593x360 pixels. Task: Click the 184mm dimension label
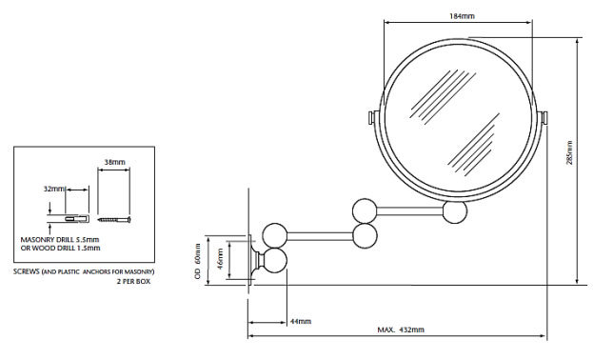[462, 16]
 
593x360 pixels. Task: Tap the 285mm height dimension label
[569, 152]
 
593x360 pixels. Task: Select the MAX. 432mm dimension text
[401, 330]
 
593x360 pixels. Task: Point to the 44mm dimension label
[300, 321]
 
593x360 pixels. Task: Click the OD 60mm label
[197, 261]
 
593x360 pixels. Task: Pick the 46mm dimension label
[221, 259]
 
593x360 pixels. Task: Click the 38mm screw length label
[114, 162]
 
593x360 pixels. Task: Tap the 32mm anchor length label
[53, 189]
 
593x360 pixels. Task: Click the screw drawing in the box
[114, 219]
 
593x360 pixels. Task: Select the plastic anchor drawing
[77, 219]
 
